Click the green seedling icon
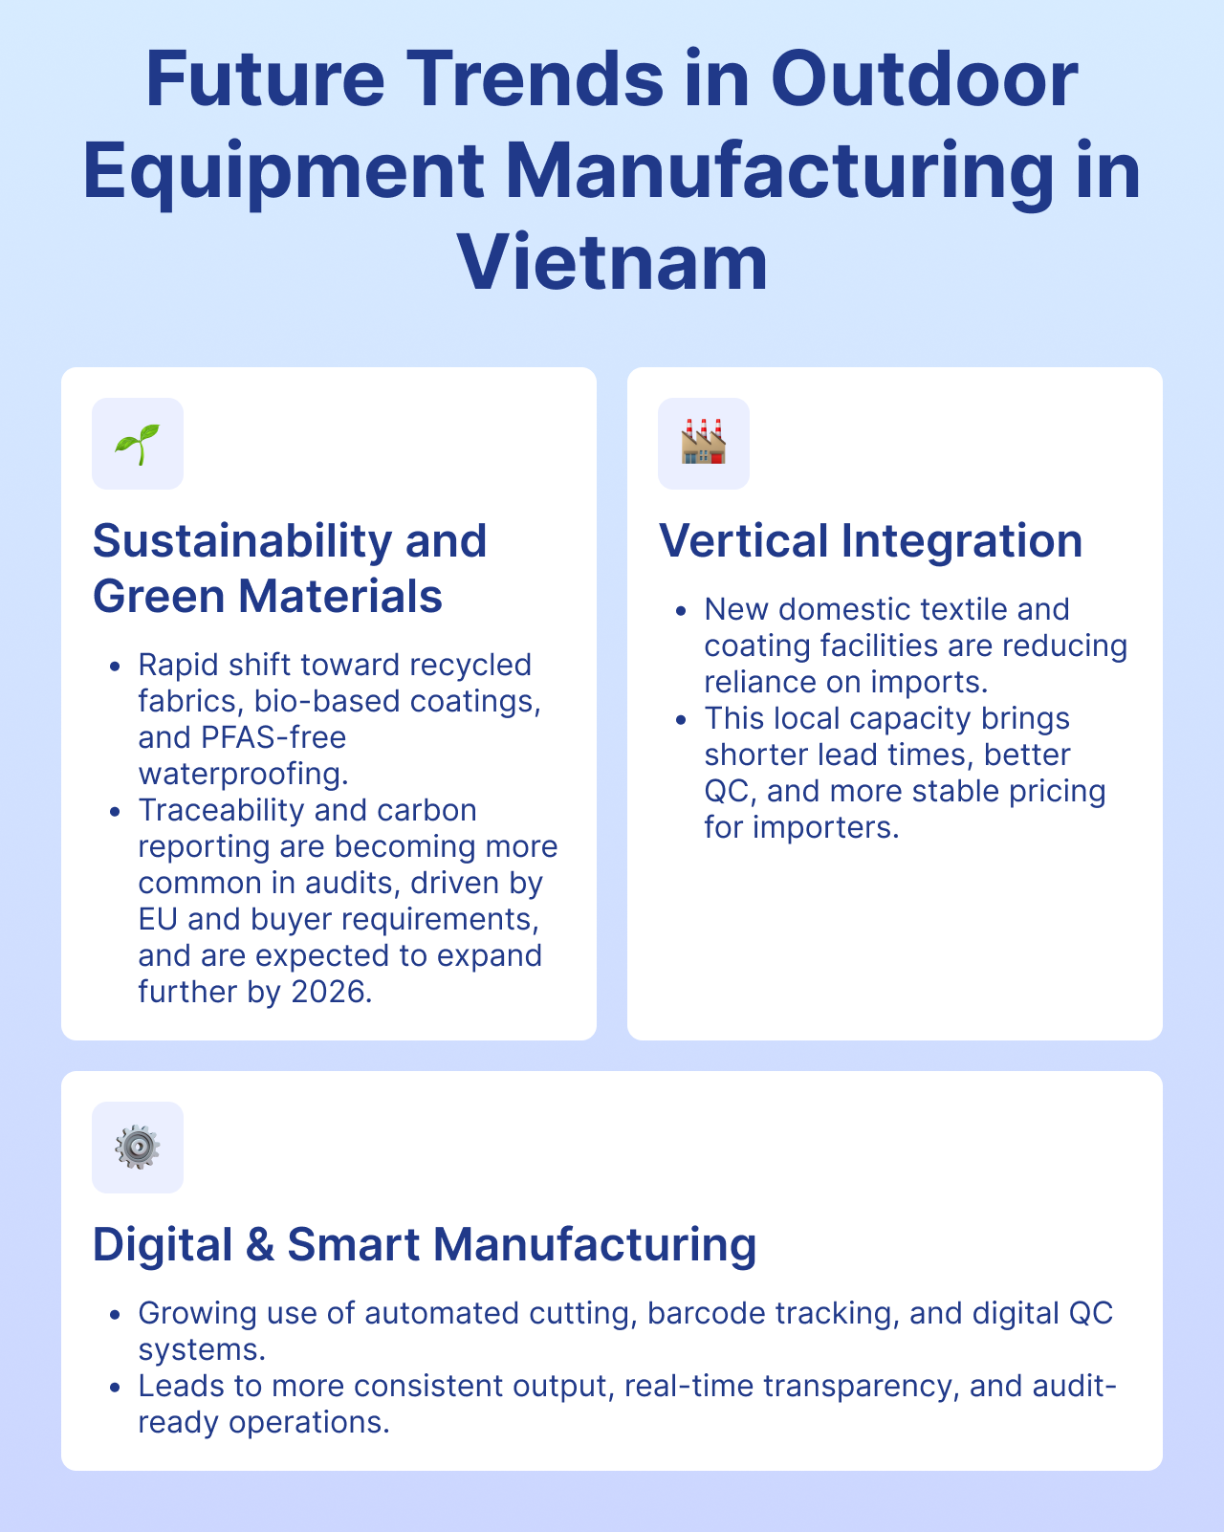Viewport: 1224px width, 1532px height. [138, 444]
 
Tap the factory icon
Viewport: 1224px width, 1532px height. [703, 443]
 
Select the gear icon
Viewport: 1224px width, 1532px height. [138, 1147]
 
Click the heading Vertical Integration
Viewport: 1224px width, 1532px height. [870, 540]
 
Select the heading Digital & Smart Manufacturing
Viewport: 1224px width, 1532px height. [425, 1244]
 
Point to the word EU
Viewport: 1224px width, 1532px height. [158, 919]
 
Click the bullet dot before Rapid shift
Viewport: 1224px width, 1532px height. [116, 666]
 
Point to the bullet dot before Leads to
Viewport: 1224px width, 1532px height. [116, 1387]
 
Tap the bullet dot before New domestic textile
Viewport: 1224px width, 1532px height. [682, 610]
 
